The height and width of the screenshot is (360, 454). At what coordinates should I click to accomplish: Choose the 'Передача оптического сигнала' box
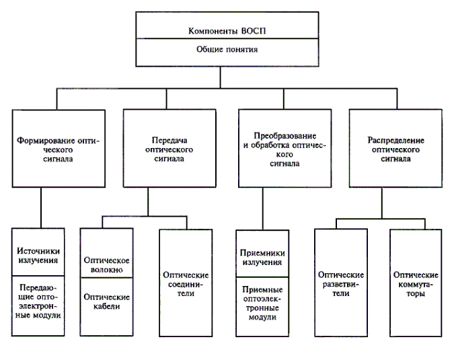(x=168, y=149)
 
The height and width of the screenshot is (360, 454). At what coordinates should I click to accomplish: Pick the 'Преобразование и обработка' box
(x=286, y=149)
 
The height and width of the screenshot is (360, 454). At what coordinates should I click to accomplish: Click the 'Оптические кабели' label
(x=107, y=301)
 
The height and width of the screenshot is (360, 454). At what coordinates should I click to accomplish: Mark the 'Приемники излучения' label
(x=262, y=258)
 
